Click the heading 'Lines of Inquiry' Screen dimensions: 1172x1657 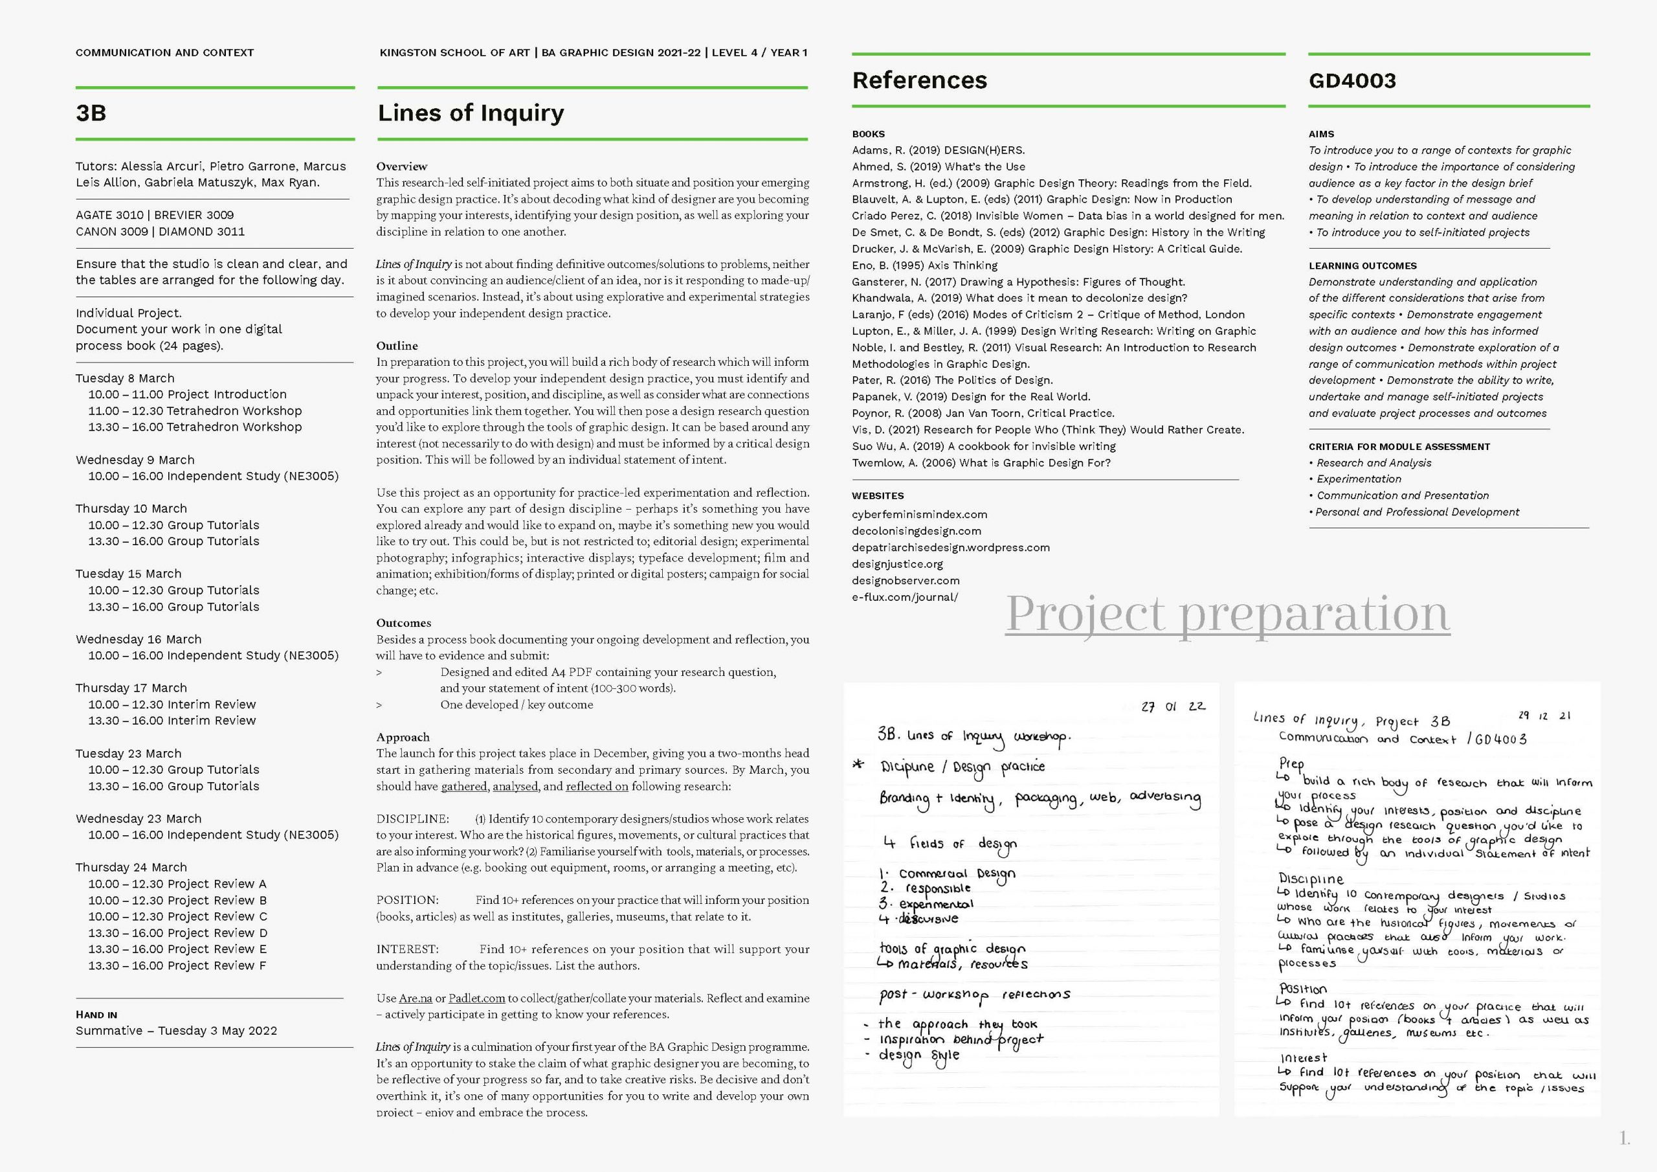[471, 113]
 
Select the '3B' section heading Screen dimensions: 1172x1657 [91, 113]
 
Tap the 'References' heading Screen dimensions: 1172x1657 [919, 80]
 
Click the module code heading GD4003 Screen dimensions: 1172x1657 [1351, 80]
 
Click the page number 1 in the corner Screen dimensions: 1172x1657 [1624, 1139]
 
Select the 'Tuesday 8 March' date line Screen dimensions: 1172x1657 [125, 378]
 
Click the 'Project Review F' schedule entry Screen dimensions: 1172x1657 [177, 965]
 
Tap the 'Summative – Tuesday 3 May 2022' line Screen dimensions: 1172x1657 [176, 1030]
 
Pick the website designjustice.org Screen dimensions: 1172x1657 [897, 564]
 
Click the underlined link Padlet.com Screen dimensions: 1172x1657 [476, 998]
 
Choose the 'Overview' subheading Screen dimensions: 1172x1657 [401, 166]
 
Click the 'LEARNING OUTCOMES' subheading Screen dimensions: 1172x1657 [1362, 265]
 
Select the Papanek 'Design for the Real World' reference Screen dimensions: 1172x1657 [971, 396]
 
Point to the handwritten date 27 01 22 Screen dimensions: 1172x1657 [1173, 706]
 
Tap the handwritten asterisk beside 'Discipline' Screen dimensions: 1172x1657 [858, 764]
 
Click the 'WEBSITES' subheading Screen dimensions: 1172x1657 [878, 496]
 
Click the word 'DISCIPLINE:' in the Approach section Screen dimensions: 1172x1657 [412, 819]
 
